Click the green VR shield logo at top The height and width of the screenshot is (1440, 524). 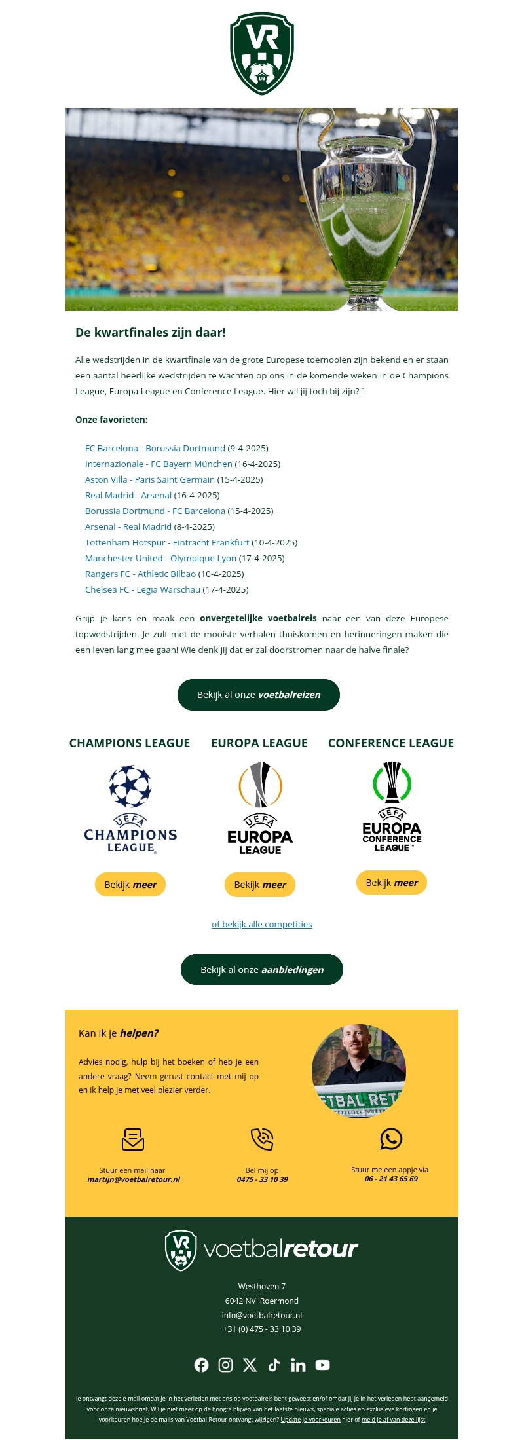coord(262,54)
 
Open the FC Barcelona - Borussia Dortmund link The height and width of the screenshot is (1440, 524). coord(155,449)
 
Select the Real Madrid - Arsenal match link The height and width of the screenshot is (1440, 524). coord(128,496)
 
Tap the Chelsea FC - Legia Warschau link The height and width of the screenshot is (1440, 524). coord(143,590)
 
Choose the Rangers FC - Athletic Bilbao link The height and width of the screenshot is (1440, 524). coord(140,574)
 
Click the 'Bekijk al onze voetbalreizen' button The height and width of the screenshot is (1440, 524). coord(259,695)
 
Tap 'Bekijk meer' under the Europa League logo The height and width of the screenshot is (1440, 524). coord(260,885)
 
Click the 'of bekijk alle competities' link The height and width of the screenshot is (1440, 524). coord(262,925)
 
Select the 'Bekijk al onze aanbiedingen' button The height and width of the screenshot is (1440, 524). coord(262,970)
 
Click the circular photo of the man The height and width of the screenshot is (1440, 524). coord(359,1071)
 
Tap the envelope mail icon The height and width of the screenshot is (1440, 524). coord(133,1139)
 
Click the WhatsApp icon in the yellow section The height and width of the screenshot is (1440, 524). coord(391,1139)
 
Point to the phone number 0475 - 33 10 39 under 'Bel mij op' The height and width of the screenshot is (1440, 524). coord(262,1179)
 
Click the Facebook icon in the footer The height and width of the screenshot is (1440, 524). coord(202,1365)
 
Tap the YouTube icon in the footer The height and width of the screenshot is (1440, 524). coord(322,1365)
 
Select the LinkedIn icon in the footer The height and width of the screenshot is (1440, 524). coord(298,1365)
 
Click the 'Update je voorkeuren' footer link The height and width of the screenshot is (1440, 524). coord(310,1420)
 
